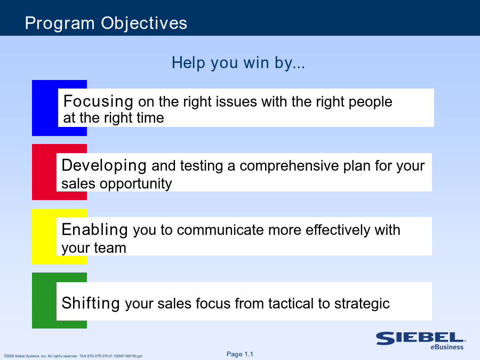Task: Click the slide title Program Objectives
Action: (106, 23)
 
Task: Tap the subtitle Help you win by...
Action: (238, 63)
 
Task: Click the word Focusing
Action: (98, 102)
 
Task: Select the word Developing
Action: (104, 166)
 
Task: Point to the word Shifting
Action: (91, 303)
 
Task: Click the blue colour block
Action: (45, 108)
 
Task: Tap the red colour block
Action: (44, 172)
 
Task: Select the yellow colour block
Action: (44, 236)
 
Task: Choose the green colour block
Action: (44, 301)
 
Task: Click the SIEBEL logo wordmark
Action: (421, 338)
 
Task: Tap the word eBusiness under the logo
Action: (447, 347)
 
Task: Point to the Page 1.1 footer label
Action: (239, 354)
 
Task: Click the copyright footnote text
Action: (73, 356)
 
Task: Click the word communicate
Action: (220, 230)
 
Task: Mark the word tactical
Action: (291, 303)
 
